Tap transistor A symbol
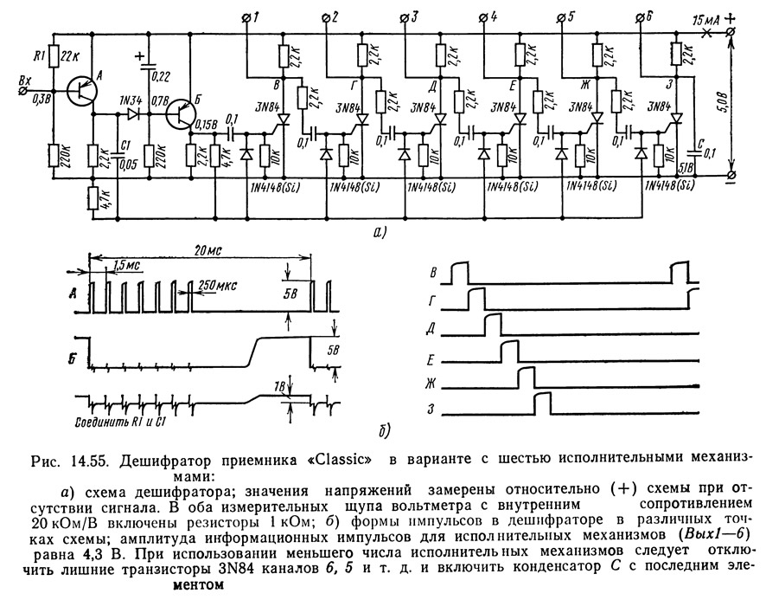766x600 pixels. (80, 89)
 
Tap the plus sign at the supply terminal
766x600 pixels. (731, 16)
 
